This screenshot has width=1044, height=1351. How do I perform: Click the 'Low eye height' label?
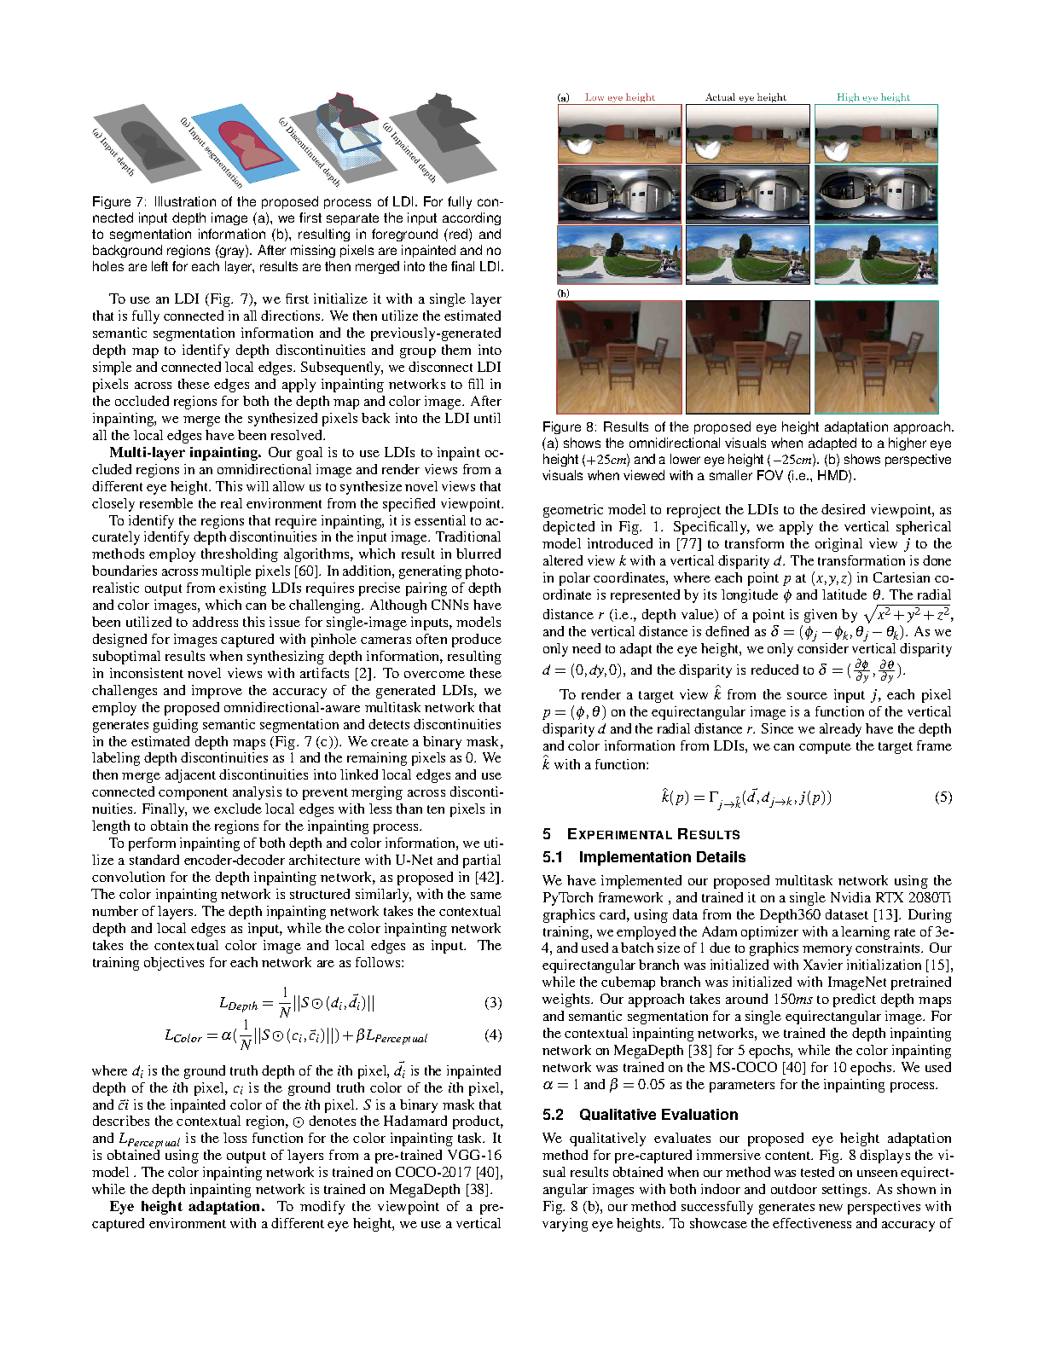click(620, 97)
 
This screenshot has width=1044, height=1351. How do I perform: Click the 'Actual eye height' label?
click(745, 97)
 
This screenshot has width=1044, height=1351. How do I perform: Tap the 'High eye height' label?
click(873, 97)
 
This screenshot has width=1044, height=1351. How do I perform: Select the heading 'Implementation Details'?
click(662, 857)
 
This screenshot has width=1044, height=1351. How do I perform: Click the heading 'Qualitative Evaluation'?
click(658, 1115)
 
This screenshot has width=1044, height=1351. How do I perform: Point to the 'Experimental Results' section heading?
click(653, 834)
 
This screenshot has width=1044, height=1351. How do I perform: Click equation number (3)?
click(493, 1003)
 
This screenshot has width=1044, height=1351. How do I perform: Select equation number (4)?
click(493, 1035)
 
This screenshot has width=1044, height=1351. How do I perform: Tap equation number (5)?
click(942, 797)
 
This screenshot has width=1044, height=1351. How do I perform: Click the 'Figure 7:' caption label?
click(119, 202)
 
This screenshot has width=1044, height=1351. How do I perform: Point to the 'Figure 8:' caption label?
click(569, 427)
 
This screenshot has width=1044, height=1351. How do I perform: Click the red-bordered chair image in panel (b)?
click(619, 357)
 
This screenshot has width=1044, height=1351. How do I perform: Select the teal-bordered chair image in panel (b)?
click(876, 357)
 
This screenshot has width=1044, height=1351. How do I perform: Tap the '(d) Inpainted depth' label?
click(410, 154)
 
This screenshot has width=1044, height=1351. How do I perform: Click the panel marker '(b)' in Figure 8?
click(563, 293)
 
